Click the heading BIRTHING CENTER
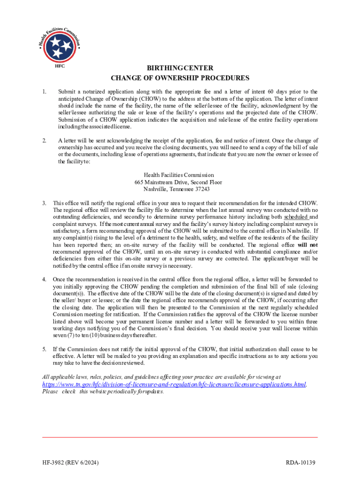(x=180, y=68)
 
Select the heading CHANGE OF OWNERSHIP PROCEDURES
(x=180, y=78)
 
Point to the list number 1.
(x=44, y=92)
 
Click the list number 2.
(x=44, y=140)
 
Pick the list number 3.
(x=44, y=203)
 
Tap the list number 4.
(x=44, y=279)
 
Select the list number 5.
(x=44, y=349)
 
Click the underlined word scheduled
(x=296, y=217)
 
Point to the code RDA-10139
(x=301, y=463)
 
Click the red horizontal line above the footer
(x=180, y=437)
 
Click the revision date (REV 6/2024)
(x=85, y=463)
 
